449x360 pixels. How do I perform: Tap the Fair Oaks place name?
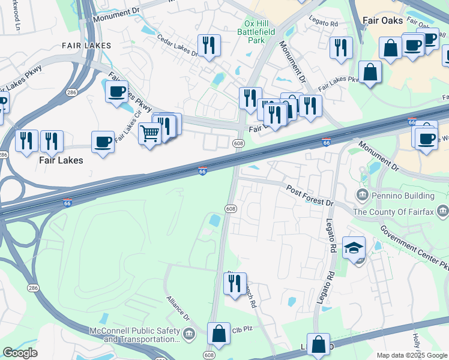point(383,20)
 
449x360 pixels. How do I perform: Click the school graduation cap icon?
point(354,247)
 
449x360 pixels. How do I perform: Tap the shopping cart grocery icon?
point(149,133)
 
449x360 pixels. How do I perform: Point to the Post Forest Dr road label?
point(309,195)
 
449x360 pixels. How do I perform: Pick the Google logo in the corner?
point(20,353)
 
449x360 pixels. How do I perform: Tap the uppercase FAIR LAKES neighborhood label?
point(86,46)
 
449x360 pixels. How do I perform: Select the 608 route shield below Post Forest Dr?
point(231,208)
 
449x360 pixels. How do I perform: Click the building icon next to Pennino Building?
point(363,195)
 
